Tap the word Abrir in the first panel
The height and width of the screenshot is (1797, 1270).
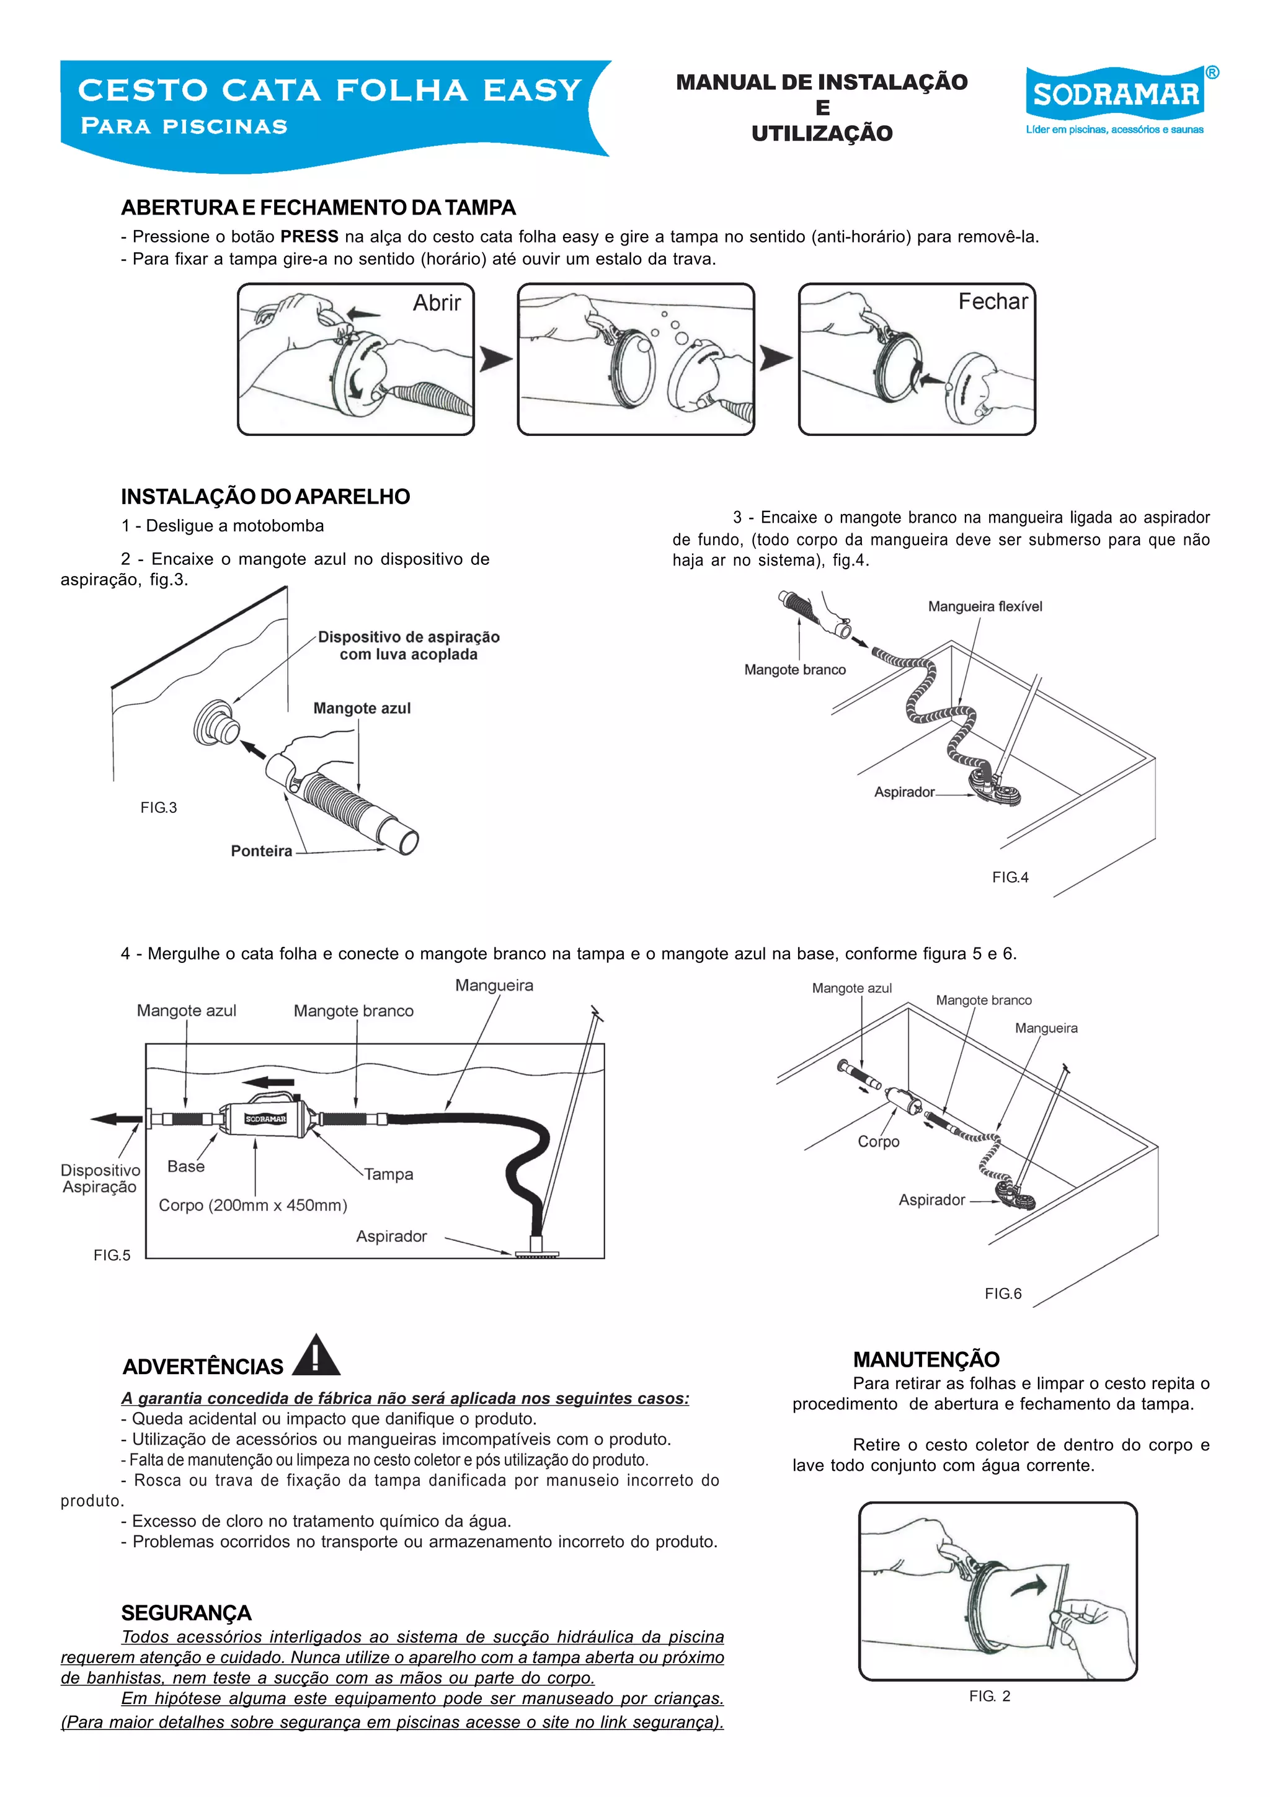point(437,303)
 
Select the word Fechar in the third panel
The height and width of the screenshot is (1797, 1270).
point(992,301)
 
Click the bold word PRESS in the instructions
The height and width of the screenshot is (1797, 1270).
point(309,236)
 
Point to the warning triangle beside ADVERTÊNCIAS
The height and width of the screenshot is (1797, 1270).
point(316,1356)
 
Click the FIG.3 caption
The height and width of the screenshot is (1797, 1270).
point(158,808)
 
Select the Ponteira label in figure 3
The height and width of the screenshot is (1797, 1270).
point(260,851)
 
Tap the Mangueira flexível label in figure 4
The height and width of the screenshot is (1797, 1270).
point(984,606)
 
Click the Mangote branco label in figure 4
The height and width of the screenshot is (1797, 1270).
point(794,670)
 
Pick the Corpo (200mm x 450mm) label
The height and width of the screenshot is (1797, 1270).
point(253,1205)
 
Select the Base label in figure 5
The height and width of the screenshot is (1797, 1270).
point(185,1166)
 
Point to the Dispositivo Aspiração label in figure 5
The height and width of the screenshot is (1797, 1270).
point(100,1179)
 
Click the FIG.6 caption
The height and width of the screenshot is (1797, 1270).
point(1002,1293)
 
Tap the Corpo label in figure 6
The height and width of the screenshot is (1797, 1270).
point(878,1142)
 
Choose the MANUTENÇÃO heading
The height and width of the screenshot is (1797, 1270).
point(926,1359)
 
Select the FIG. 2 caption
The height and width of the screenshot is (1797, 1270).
point(989,1696)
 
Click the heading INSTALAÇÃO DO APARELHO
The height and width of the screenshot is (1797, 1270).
point(265,497)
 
